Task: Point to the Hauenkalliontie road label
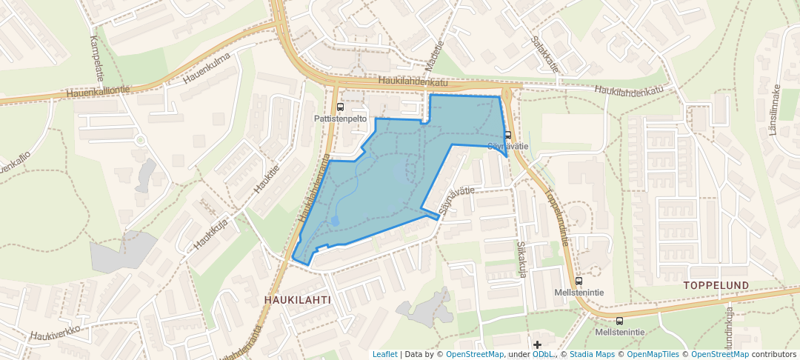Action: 98,91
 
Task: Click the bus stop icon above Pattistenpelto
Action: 340,107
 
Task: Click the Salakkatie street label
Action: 545,56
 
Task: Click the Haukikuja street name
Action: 210,232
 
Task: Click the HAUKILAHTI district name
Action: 296,300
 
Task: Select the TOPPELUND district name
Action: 716,285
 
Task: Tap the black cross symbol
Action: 537,345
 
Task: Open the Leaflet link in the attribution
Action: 384,354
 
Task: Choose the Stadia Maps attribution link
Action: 593,354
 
